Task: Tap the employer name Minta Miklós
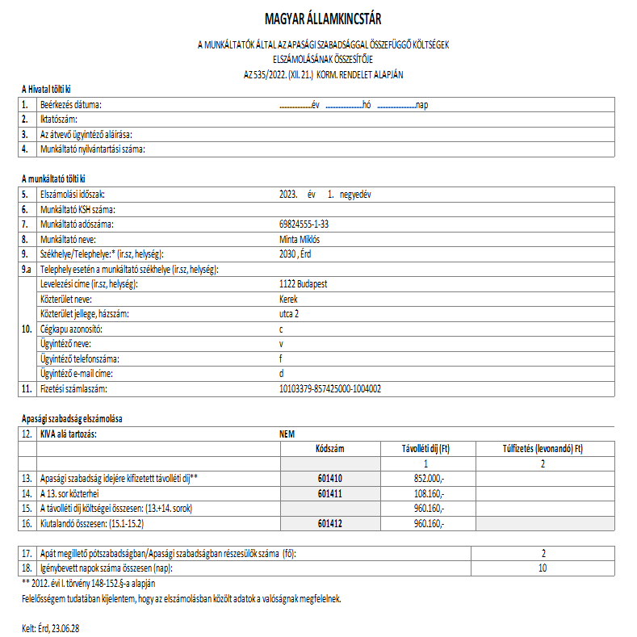(299, 239)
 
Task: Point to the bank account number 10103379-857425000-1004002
(329, 389)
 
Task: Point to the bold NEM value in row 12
(287, 434)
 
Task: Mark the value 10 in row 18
(543, 568)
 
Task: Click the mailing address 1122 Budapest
(303, 284)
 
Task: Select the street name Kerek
(288, 299)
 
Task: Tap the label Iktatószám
(59, 119)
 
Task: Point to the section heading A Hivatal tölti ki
(52, 89)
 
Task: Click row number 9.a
(27, 269)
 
